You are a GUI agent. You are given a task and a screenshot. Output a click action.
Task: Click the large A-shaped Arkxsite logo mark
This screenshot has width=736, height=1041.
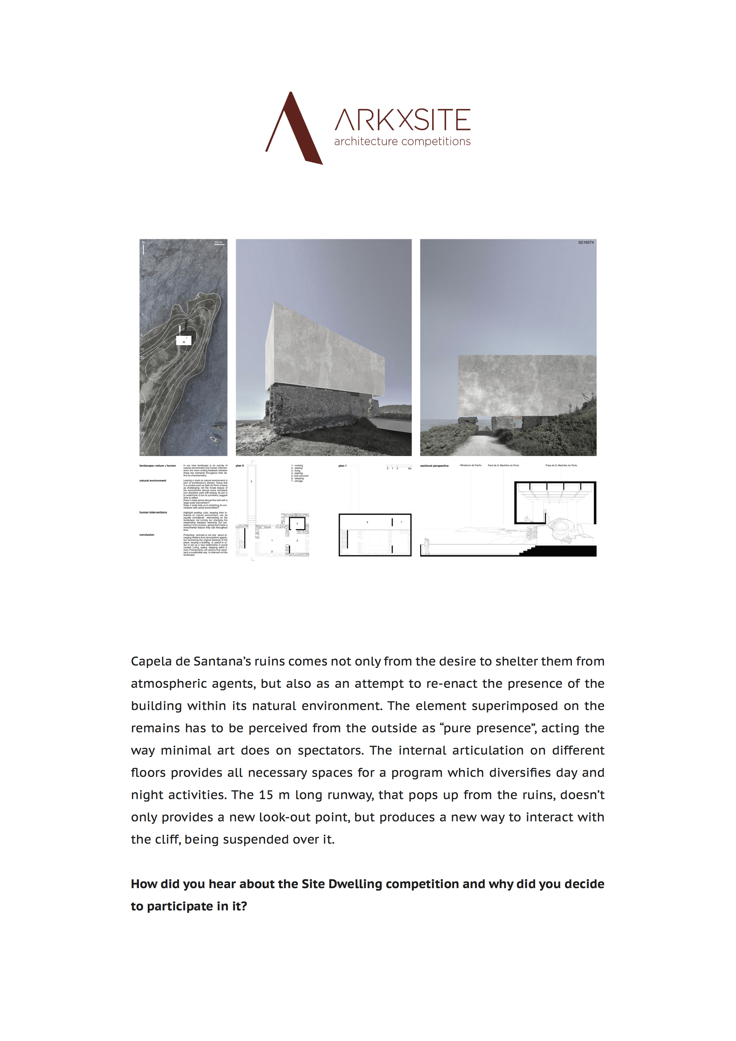tap(294, 129)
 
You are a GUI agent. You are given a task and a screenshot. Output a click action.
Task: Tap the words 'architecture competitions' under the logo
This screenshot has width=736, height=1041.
tap(402, 142)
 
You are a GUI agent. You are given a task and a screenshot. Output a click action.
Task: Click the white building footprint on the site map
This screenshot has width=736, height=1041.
tap(183, 340)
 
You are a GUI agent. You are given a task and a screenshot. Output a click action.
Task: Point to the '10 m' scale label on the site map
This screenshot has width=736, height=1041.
tap(218, 243)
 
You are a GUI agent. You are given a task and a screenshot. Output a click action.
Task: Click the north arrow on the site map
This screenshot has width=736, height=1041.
tap(143, 247)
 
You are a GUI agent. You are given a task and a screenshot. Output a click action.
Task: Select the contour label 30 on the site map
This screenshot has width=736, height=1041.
tap(142, 402)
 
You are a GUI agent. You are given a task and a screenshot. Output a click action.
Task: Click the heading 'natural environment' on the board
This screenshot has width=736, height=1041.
tap(153, 481)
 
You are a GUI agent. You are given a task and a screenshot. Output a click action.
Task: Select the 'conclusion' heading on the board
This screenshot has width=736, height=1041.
tap(147, 535)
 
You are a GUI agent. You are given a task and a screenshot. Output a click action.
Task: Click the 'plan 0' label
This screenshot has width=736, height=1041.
tap(240, 466)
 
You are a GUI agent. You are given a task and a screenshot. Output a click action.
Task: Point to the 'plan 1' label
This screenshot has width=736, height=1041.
tap(342, 466)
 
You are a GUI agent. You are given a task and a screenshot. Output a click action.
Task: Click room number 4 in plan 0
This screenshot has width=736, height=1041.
tap(297, 524)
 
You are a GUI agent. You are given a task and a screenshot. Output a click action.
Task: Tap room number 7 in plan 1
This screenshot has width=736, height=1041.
tap(401, 522)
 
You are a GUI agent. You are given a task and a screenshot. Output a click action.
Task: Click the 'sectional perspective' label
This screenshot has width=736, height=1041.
tap(434, 466)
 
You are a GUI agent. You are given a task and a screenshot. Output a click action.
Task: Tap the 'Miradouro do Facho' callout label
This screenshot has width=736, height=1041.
tap(471, 465)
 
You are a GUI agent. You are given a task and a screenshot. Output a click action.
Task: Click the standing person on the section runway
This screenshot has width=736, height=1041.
tap(426, 546)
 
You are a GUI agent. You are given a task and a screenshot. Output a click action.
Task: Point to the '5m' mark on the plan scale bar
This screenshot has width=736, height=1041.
tap(410, 468)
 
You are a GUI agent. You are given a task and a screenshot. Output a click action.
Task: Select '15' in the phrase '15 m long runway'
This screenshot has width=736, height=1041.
tap(266, 795)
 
